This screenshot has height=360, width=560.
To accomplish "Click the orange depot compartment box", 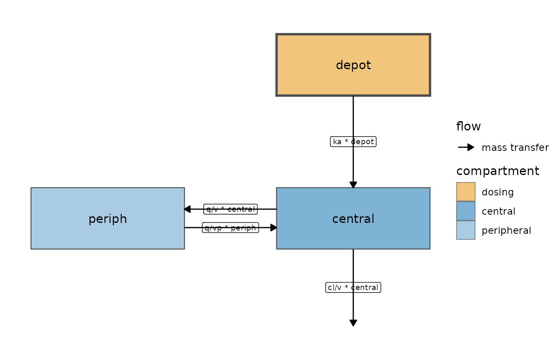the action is pos(353,65).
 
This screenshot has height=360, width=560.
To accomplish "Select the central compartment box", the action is pos(353,218).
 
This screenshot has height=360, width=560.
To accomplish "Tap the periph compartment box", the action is pos(108,218).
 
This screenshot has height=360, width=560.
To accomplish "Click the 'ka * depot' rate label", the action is pos(353,142).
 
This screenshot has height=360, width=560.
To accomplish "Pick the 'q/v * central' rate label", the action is pos(230,209).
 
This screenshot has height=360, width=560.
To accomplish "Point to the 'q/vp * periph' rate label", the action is pos(230,227).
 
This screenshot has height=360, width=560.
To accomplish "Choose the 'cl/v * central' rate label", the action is pos(353,287).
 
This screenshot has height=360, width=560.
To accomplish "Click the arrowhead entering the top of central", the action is pos(353,185).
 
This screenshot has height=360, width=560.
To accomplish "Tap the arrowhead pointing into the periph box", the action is pos(187,209).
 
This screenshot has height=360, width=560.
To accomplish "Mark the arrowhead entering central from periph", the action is pos(274,227).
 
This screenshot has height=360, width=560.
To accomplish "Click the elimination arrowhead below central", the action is pos(353,323).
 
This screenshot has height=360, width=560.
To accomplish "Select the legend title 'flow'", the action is pos(468,126).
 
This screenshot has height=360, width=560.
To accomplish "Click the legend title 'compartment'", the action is pos(497,171).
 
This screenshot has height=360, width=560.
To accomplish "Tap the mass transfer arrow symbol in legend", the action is pos(466,147).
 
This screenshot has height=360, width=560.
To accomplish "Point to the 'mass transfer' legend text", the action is pos(515,147).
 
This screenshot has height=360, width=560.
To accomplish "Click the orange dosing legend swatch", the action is pos(466,192).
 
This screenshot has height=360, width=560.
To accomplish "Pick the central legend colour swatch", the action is pos(466,211).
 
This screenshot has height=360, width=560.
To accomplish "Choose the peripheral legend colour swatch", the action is pos(466,230).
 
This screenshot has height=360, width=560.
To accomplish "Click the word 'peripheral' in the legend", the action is pos(506,231).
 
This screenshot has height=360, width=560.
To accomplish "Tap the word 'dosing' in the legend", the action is pos(497,192).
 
